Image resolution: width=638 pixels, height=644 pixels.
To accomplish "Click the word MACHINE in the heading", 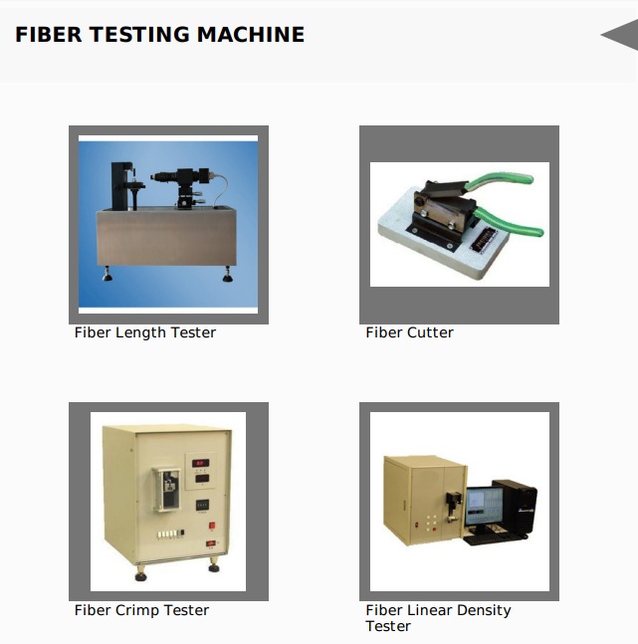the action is [251, 35].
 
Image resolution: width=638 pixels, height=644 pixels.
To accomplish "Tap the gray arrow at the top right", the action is [619, 35].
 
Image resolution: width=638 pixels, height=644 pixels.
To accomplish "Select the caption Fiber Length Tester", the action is [145, 332].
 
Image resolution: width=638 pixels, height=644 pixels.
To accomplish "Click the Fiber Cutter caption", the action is [410, 332].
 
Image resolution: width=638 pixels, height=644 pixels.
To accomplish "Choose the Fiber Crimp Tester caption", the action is [141, 610].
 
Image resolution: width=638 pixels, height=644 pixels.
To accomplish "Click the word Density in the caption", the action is [484, 610].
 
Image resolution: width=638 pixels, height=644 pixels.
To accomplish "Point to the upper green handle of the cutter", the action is [498, 181].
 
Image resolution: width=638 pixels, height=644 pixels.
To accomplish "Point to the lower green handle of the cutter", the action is [510, 223].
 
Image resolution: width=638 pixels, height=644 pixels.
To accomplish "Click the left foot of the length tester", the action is [107, 275].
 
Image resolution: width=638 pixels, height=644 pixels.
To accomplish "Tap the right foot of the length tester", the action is [227, 275].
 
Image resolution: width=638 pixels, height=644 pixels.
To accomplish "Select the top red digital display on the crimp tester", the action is [200, 463].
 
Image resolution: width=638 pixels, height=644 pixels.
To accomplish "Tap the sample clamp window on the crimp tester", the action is [168, 490].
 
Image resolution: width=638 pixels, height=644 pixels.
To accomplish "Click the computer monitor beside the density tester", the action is [484, 507].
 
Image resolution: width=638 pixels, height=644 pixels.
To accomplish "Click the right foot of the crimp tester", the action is [213, 565].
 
